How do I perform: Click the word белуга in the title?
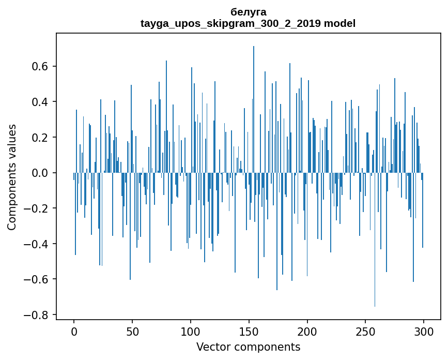pyautogui.click(x=248, y=12)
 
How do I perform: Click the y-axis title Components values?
pyautogui.click(x=12, y=177)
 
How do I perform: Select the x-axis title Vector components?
pyautogui.click(x=248, y=347)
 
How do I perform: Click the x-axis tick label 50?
pyautogui.click(x=132, y=331)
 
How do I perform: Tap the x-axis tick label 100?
pyautogui.click(x=191, y=331)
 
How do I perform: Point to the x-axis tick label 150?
pyautogui.click(x=249, y=331)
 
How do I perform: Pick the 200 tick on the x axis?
pyautogui.click(x=307, y=331)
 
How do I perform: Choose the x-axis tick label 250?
pyautogui.click(x=366, y=331)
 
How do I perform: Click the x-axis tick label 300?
pyautogui.click(x=424, y=331)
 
